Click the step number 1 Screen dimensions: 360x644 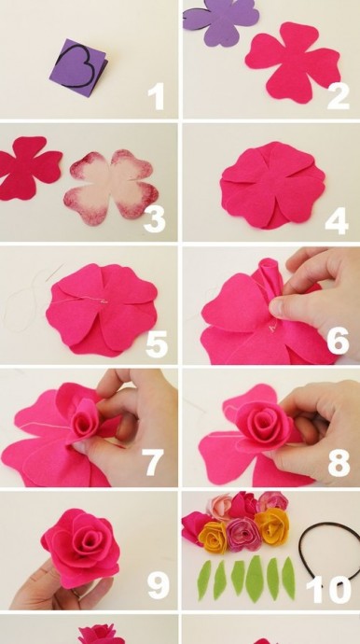157,96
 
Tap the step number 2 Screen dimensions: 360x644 338,96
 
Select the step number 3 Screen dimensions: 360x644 154,219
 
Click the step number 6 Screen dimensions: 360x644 338,342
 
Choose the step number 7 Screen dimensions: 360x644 152,462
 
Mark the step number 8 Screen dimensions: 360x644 339,462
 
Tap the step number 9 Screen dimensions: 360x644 158,585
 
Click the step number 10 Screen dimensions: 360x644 329,590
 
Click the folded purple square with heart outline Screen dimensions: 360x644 79,68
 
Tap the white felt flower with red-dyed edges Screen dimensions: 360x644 111,187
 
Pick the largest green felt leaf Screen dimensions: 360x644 256,580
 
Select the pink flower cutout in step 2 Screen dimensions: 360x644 293,63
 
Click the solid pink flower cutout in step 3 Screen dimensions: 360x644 28,168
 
